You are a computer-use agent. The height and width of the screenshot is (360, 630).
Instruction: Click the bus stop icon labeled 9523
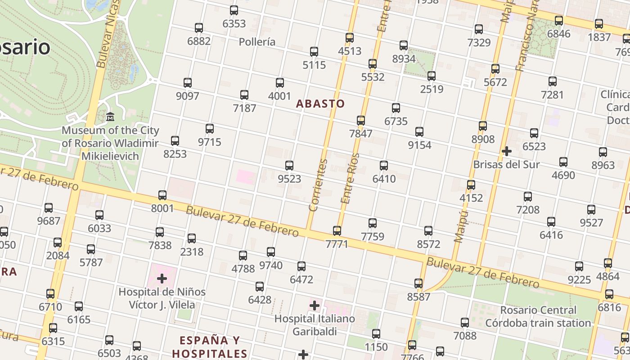click(x=289, y=166)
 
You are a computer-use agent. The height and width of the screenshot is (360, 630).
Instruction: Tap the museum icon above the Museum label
click(x=110, y=117)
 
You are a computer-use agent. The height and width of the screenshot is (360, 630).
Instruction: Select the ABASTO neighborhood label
click(x=320, y=104)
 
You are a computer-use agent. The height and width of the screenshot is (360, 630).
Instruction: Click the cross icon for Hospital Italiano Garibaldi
click(x=315, y=306)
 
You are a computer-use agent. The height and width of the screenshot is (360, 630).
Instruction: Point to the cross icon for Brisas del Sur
click(x=507, y=151)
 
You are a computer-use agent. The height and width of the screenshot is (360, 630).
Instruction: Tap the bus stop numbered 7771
click(x=337, y=231)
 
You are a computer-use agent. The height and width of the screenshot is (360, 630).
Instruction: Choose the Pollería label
click(x=257, y=42)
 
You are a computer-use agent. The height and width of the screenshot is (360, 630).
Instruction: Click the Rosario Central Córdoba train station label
click(x=538, y=316)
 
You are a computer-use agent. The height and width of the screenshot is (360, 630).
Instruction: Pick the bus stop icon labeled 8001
click(x=162, y=195)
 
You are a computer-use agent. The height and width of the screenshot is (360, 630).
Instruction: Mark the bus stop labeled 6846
click(x=559, y=21)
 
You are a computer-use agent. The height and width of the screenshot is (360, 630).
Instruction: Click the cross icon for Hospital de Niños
click(x=162, y=279)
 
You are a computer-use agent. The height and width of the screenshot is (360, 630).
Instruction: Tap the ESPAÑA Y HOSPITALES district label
click(x=210, y=346)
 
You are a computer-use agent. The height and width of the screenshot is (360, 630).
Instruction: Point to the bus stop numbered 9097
click(x=188, y=83)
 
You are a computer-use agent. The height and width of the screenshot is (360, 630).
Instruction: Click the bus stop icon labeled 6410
click(x=384, y=166)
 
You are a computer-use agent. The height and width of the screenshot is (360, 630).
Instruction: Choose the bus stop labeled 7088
click(x=465, y=323)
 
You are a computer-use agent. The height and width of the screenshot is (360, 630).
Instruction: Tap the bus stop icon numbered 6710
click(x=50, y=294)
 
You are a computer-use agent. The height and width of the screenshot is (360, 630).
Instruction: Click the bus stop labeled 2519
click(x=432, y=76)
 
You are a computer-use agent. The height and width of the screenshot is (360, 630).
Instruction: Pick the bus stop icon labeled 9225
click(x=579, y=266)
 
